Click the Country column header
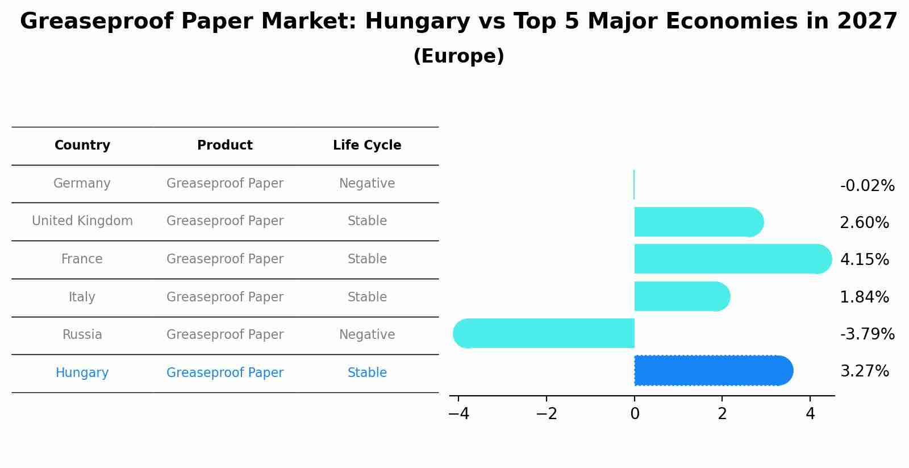[x=82, y=146]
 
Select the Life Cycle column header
[x=367, y=146]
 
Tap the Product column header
[x=225, y=146]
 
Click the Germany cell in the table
[x=82, y=184]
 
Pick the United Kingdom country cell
[x=82, y=221]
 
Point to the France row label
[x=82, y=259]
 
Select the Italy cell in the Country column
[x=82, y=297]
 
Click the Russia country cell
[x=82, y=335]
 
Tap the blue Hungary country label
[x=82, y=373]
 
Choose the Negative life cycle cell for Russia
[x=367, y=335]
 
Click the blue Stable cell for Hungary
[x=367, y=373]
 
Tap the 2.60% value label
[x=864, y=223]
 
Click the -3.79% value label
[x=867, y=334]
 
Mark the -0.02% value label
[x=867, y=186]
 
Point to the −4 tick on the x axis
[x=459, y=414]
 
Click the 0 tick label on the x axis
[x=635, y=414]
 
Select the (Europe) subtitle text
[x=458, y=56]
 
